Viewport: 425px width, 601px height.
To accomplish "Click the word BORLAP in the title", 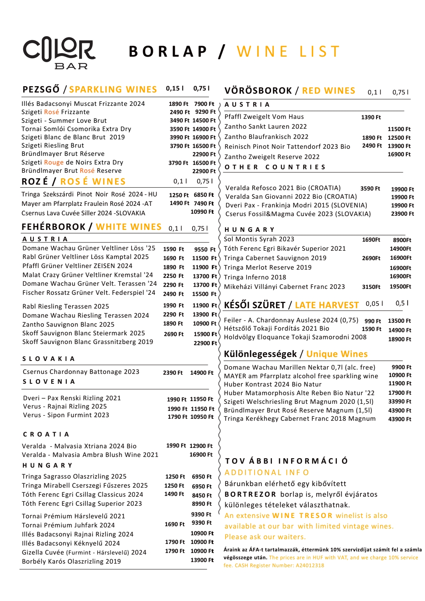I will (168, 52).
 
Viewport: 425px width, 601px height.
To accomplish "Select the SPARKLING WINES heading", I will (113, 90).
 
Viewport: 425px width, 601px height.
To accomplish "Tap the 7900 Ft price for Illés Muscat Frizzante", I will (204, 104).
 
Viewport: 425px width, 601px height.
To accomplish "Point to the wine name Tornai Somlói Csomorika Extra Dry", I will (76, 129).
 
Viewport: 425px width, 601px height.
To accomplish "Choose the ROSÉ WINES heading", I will (93, 181).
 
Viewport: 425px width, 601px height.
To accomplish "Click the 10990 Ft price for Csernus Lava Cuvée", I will (202, 212).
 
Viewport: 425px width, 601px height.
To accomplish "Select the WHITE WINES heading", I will (129, 227).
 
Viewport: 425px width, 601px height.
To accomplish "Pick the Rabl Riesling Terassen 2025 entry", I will (66, 306).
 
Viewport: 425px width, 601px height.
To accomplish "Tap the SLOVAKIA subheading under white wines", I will (48, 359).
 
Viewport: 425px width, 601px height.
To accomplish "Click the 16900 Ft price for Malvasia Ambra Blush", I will (201, 455).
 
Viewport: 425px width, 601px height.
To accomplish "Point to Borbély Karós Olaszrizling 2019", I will (71, 562).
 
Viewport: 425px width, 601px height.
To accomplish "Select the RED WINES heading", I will (329, 91).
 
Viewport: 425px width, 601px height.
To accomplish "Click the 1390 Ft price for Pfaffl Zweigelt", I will (371, 117).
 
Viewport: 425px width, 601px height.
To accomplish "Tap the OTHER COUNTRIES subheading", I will (275, 167).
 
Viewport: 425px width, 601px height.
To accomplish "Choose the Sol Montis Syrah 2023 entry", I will (259, 239).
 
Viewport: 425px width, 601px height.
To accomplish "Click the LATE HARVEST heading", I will (327, 305).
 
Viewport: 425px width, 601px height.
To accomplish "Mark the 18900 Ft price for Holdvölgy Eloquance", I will (400, 339).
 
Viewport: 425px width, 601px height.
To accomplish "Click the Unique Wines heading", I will (337, 354).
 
